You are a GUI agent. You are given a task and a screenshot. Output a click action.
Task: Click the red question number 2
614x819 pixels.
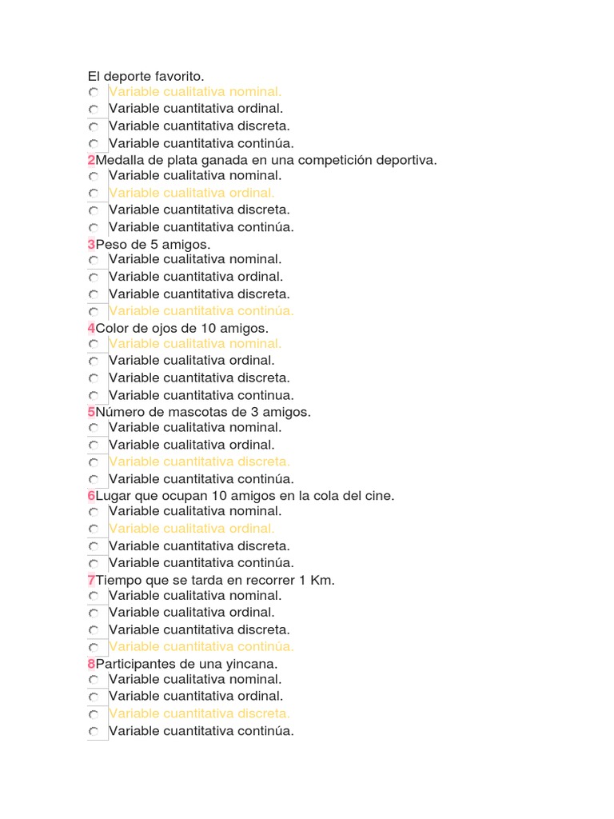(91, 160)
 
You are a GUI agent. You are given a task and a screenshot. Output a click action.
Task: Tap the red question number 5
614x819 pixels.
(91, 412)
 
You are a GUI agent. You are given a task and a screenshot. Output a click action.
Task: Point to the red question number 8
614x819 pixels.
(91, 664)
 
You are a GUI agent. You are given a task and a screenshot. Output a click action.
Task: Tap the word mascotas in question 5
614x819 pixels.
(185, 412)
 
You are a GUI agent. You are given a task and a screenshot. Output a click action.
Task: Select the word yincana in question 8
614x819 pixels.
(253, 664)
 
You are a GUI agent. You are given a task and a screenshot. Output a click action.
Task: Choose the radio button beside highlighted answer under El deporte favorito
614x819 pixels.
(94, 93)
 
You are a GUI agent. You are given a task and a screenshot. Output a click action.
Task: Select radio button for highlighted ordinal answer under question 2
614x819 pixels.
(94, 194)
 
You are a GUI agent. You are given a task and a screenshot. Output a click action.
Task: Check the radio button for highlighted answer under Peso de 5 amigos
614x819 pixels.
(94, 311)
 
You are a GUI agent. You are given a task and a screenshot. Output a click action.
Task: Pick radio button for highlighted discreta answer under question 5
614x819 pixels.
(94, 462)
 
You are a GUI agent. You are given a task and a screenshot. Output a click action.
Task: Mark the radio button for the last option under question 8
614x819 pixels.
(94, 731)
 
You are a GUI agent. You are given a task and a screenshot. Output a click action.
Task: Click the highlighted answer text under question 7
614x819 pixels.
(201, 646)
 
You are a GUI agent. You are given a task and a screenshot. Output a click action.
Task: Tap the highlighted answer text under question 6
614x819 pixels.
(192, 529)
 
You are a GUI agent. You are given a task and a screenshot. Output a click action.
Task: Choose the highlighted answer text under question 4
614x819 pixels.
(195, 344)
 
